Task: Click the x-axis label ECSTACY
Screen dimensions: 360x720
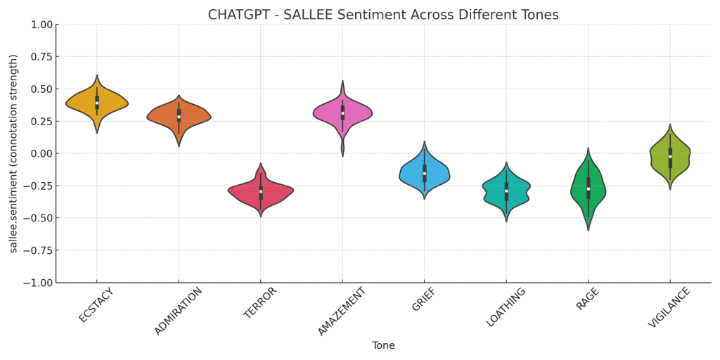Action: (96, 305)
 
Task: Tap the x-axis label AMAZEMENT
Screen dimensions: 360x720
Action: (342, 311)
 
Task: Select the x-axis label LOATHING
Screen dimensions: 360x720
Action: (506, 307)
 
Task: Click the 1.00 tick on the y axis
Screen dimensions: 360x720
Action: (41, 25)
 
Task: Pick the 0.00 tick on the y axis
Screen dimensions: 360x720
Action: (41, 153)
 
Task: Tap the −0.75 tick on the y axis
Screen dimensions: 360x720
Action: (38, 250)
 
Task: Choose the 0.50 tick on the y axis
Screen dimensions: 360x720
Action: (41, 89)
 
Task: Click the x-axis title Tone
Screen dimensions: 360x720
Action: (383, 346)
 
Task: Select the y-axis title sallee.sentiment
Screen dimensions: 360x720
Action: (13, 153)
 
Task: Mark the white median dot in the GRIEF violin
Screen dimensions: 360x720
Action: (425, 173)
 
